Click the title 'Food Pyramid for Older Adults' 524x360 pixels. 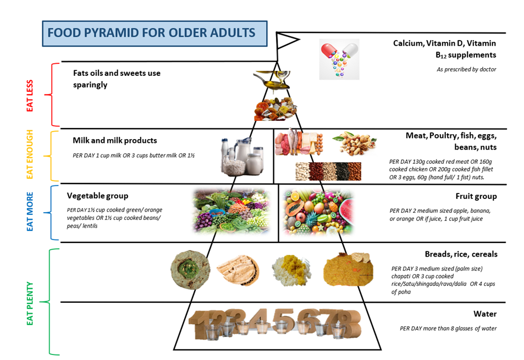click(x=151, y=33)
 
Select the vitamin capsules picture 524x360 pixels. click(x=339, y=59)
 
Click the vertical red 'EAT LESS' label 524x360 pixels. click(x=30, y=96)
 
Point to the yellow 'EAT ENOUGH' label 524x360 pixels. click(x=30, y=154)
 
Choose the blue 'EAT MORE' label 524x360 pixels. click(x=30, y=212)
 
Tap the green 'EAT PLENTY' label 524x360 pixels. click(x=30, y=303)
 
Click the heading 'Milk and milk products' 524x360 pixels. click(x=114, y=140)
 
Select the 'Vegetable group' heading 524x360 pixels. click(x=97, y=196)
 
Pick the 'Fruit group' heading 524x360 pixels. click(x=476, y=196)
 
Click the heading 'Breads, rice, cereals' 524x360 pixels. click(x=461, y=254)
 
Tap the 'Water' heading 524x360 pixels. click(x=485, y=314)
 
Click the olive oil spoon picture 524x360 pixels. click(x=272, y=80)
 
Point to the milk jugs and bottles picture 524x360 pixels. click(x=242, y=156)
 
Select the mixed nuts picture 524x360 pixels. click(x=354, y=143)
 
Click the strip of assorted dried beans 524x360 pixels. click(x=328, y=171)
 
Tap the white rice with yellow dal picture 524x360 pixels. click(x=291, y=270)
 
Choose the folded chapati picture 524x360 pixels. click(x=238, y=270)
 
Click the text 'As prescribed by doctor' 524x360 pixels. click(x=466, y=69)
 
